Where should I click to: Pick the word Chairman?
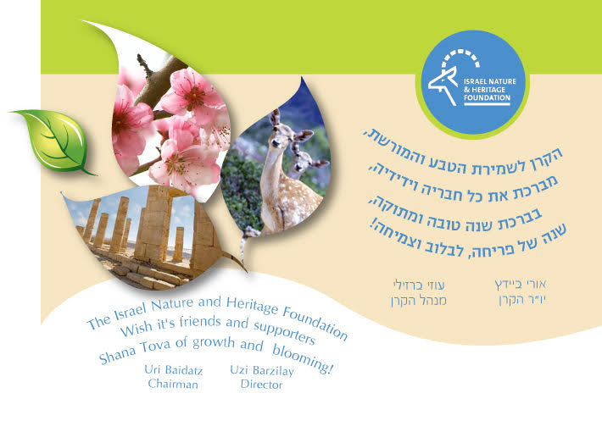172,385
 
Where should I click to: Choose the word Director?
261,385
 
